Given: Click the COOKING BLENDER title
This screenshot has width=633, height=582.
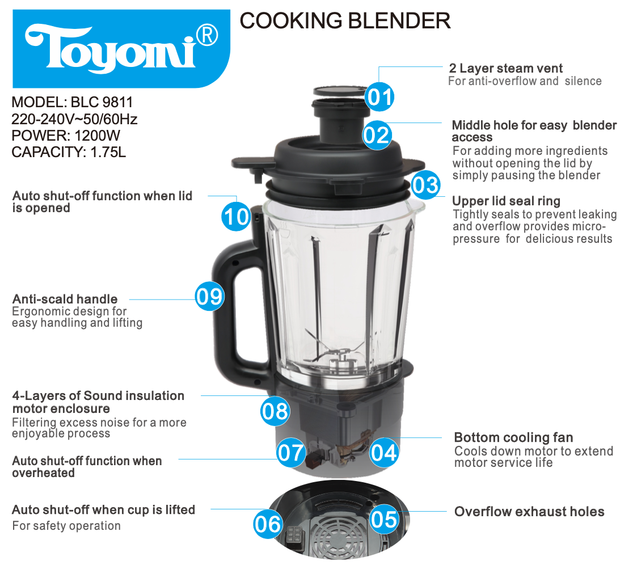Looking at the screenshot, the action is click(345, 20).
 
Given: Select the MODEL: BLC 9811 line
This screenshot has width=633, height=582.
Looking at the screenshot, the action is click(72, 102).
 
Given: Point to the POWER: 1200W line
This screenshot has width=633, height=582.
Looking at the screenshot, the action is click(66, 136).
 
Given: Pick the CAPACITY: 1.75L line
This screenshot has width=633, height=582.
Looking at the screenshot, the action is click(69, 152).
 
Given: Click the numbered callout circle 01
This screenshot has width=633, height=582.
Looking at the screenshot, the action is click(379, 97).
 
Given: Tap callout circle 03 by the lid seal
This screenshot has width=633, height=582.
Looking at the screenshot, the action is click(426, 185).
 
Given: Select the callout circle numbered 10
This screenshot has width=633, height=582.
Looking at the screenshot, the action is click(236, 216).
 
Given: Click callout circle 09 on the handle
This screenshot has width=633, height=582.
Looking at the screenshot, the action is click(209, 296).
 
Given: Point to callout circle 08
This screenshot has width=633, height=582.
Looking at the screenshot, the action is click(275, 411).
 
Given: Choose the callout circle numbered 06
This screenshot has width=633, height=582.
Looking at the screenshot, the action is click(268, 524).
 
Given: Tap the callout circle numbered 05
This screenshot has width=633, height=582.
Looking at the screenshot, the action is click(384, 519).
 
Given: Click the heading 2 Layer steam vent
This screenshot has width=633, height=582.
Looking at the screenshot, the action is click(506, 68).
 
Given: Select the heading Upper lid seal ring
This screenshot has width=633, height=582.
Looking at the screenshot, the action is click(507, 201).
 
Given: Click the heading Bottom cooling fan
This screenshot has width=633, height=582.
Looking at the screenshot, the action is click(513, 437).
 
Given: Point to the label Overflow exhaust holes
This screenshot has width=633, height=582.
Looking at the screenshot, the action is click(529, 511).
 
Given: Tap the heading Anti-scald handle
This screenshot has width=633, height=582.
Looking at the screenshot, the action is click(65, 299).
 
